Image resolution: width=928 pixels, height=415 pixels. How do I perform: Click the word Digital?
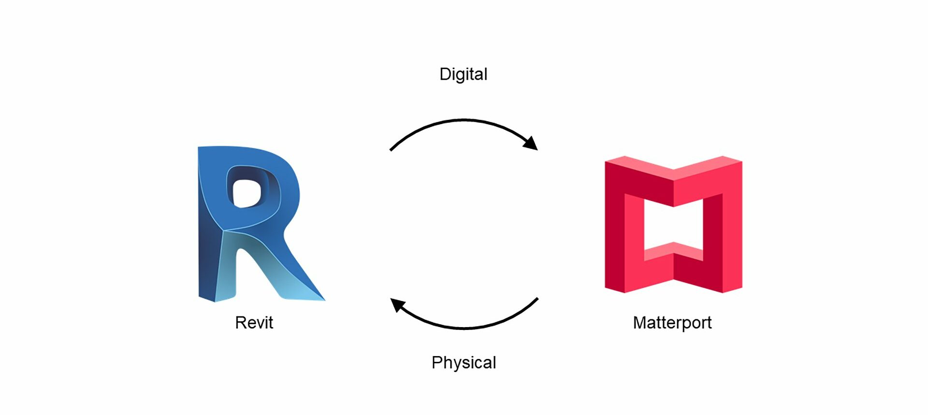[464, 74]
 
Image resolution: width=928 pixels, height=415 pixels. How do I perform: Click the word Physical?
[464, 363]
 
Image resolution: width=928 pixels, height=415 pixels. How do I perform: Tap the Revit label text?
[254, 322]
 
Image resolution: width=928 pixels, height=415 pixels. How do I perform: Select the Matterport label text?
[672, 323]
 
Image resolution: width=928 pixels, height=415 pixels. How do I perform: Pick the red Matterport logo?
[673, 224]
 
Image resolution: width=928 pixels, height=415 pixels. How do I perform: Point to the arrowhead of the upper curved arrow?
[531, 143]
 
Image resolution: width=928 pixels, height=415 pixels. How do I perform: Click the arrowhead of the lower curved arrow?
[397, 305]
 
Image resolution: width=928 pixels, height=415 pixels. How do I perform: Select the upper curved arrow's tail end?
[391, 150]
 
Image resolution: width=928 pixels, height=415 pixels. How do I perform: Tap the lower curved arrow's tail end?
[537, 299]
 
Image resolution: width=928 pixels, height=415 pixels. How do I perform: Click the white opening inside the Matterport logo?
[673, 225]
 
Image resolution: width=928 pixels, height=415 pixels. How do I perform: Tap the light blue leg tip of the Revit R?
[309, 295]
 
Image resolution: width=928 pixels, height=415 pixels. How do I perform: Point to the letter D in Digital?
[445, 74]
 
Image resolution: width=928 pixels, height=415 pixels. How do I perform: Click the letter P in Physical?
[437, 362]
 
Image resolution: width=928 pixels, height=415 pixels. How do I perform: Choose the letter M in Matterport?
[640, 322]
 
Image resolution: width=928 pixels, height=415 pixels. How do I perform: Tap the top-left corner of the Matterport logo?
[606, 162]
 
